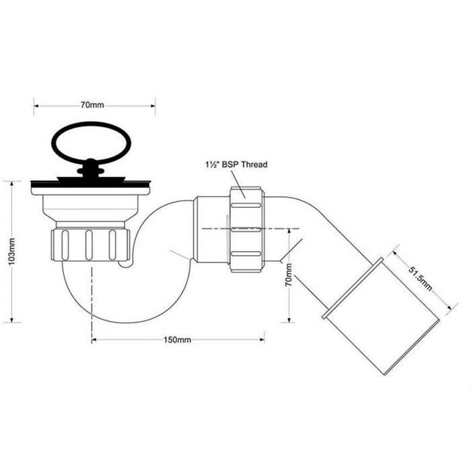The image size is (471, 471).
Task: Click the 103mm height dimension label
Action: click(11, 252)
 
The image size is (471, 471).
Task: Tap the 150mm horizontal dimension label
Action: click(177, 340)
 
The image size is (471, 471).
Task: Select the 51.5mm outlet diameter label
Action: click(421, 279)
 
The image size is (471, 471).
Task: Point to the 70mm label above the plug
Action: click(92, 105)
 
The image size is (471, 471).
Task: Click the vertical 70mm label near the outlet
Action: click(289, 275)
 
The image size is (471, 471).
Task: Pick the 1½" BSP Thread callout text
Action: click(236, 164)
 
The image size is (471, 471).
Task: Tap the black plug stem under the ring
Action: click(91, 171)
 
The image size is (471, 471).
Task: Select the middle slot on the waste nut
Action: click(89, 245)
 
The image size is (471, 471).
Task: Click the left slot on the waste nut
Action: click(65, 245)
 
